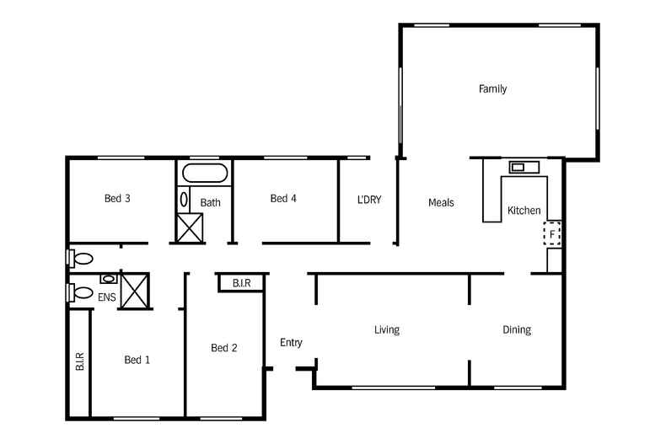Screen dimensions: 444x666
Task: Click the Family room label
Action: coord(492,88)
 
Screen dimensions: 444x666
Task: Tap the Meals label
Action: coord(441,202)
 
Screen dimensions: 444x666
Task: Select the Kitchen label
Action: coord(524,211)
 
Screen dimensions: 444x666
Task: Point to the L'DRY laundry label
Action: coord(369,200)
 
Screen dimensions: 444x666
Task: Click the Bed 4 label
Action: coord(283,199)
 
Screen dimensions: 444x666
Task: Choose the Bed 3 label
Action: coord(117,199)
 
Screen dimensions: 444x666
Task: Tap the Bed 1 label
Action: coord(137,360)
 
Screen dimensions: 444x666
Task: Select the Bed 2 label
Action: coord(223,348)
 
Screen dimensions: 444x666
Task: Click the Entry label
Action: coord(291,342)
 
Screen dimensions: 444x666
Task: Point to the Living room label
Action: coord(387,329)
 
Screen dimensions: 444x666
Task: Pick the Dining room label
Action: coord(517,329)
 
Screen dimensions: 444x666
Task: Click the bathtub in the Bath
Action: coord(204,175)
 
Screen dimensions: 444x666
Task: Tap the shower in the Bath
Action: coord(190,227)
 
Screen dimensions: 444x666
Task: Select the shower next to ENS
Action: coord(135,290)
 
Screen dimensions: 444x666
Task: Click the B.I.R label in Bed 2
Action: coord(240,283)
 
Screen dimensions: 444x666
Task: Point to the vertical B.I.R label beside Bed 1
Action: coord(79,361)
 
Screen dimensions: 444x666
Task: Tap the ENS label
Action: coord(107,297)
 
